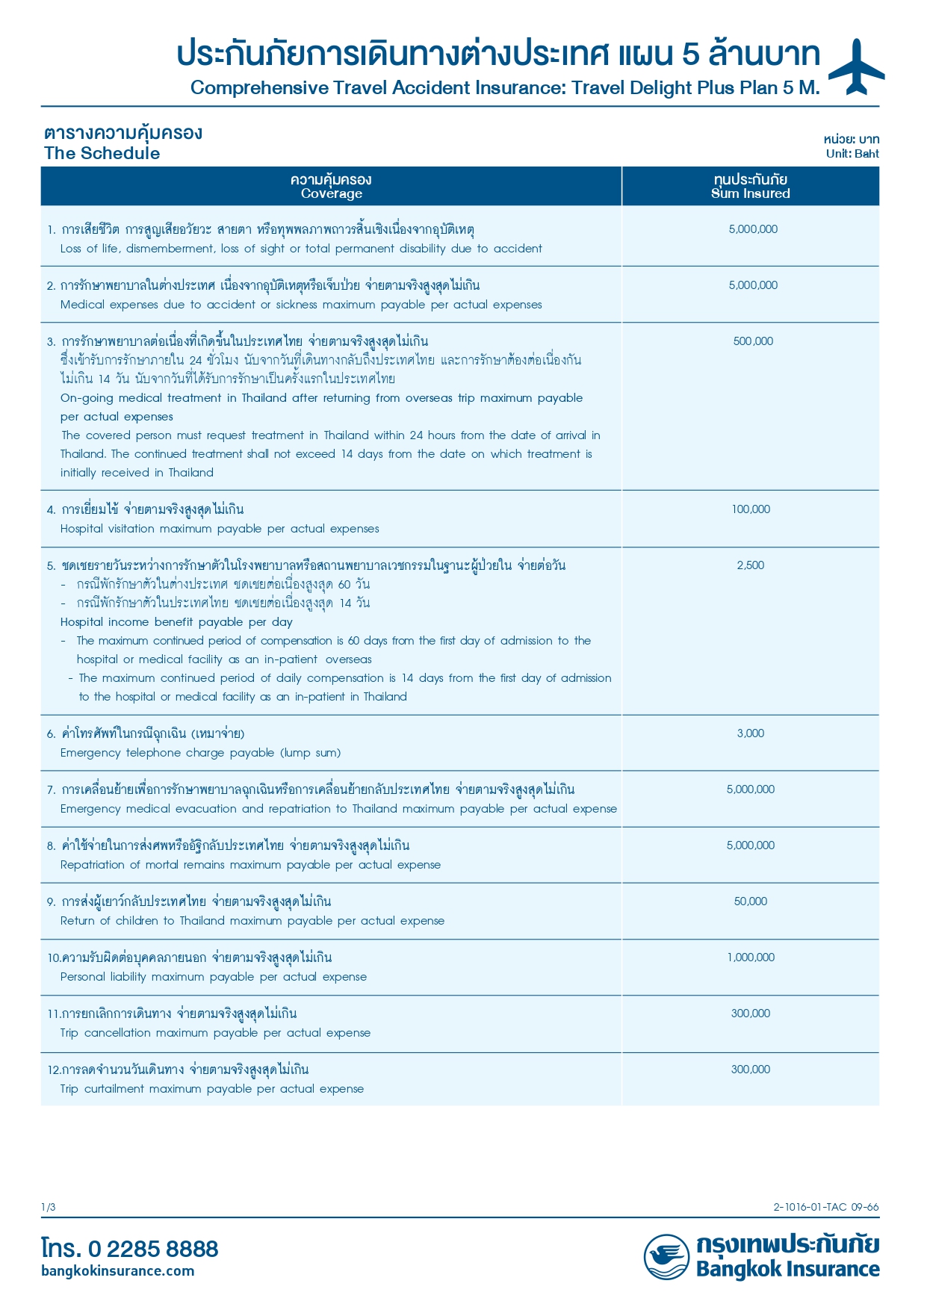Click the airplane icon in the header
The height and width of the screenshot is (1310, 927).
(x=857, y=67)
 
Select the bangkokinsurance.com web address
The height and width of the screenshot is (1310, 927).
(x=118, y=1270)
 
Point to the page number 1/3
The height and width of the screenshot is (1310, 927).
(x=49, y=1207)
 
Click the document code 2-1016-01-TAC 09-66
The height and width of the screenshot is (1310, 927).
(x=826, y=1207)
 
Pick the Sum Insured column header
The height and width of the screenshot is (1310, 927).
(x=750, y=186)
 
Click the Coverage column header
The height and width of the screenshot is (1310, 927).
(x=331, y=186)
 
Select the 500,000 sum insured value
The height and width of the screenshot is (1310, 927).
(x=753, y=341)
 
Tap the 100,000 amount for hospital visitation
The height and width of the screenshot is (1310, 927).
(x=751, y=509)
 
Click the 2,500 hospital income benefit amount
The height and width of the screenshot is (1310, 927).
(x=751, y=565)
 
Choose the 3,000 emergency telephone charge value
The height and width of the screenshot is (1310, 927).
(x=751, y=733)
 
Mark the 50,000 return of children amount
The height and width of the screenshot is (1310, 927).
(x=751, y=901)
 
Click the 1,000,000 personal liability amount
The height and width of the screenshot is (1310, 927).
(x=751, y=957)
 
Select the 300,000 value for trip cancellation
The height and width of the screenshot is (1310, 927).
(x=751, y=1013)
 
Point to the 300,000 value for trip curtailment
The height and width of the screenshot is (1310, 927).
(x=751, y=1070)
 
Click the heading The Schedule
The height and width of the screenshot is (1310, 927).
(x=102, y=153)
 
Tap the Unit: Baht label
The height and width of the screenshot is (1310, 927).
(x=852, y=154)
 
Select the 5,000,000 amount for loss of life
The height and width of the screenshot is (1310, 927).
(x=753, y=229)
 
